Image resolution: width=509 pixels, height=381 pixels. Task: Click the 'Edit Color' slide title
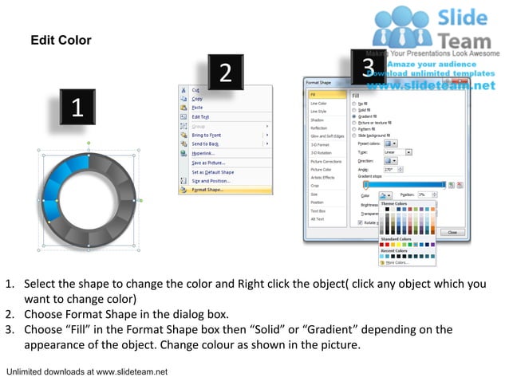[x=61, y=41]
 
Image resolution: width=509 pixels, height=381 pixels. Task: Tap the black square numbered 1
[x=77, y=108]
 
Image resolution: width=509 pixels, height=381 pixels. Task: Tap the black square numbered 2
[x=226, y=73]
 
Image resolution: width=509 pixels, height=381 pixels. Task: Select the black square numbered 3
[x=368, y=67]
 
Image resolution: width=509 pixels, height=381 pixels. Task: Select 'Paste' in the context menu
[x=197, y=108]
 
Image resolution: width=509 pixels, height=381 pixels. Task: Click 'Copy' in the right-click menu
[x=197, y=99]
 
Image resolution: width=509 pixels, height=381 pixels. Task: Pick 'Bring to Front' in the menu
[x=206, y=136]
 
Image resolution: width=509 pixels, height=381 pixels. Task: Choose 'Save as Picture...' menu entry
[x=208, y=163]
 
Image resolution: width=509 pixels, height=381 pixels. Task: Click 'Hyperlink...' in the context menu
[x=203, y=153]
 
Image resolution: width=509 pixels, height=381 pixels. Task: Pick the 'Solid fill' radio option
[x=367, y=109]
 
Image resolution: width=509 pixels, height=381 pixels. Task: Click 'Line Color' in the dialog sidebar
[x=318, y=104]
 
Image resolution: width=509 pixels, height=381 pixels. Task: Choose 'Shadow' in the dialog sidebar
[x=317, y=120]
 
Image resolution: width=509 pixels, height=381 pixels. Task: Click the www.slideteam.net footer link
[x=132, y=371]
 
